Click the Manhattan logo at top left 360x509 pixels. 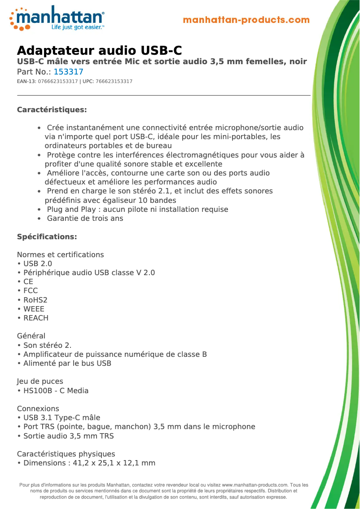click(x=57, y=18)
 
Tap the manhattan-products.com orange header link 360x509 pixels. click(x=246, y=20)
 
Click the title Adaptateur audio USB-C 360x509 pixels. click(x=99, y=50)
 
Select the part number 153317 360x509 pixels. click(x=68, y=72)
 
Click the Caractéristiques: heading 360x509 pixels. click(x=52, y=110)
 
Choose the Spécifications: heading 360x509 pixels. click(x=47, y=237)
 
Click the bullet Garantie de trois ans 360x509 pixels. click(x=85, y=219)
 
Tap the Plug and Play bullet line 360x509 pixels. click(x=137, y=210)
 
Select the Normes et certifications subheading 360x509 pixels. click(x=60, y=254)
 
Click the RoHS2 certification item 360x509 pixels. click(x=35, y=300)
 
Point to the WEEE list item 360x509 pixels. click(x=34, y=309)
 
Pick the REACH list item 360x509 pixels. click(x=35, y=318)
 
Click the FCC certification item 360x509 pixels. click(x=31, y=291)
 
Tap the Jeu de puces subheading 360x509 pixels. click(x=40, y=382)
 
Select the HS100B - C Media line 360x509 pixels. click(x=56, y=391)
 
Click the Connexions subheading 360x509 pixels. click(x=38, y=408)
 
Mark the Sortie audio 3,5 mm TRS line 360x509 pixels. click(x=68, y=436)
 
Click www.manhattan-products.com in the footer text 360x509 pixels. click(x=255, y=485)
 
